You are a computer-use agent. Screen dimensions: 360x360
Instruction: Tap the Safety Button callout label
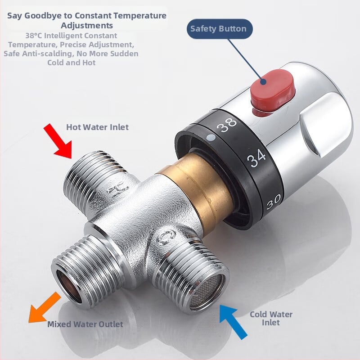218,29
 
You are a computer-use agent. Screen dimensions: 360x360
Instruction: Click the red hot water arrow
58,141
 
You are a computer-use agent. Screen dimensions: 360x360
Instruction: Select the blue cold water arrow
233,321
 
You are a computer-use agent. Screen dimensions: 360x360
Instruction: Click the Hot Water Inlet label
97,127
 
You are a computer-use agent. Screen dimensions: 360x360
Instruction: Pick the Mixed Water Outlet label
85,324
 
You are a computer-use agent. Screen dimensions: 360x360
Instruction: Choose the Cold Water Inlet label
271,318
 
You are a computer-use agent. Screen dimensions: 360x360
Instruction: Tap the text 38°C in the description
35,36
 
